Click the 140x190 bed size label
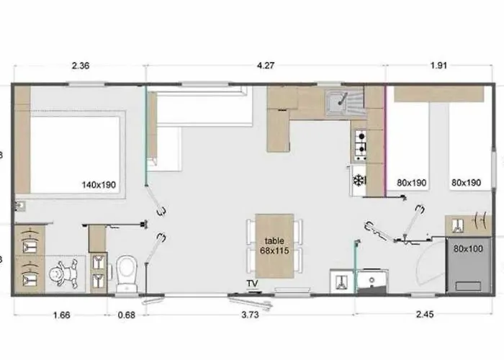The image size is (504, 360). (99, 185)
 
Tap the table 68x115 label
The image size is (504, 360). (274, 246)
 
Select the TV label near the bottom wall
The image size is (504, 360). (252, 284)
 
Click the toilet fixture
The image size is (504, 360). (127, 274)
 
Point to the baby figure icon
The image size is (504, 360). (63, 273)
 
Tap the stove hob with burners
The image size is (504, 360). (361, 145)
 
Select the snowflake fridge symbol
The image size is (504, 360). (358, 180)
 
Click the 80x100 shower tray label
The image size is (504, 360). (468, 248)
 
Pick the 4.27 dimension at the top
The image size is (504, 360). (266, 66)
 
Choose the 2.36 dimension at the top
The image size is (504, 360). (81, 66)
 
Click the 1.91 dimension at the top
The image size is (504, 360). (438, 66)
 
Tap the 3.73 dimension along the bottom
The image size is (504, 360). (250, 315)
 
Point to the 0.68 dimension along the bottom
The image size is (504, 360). (127, 315)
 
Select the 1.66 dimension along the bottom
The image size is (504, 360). (61, 315)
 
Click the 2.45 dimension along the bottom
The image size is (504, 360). (425, 314)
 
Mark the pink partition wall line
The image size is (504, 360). (385, 141)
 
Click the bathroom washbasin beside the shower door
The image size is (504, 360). (372, 282)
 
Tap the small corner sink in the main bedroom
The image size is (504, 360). (20, 206)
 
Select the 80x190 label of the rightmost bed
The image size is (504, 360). (466, 183)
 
